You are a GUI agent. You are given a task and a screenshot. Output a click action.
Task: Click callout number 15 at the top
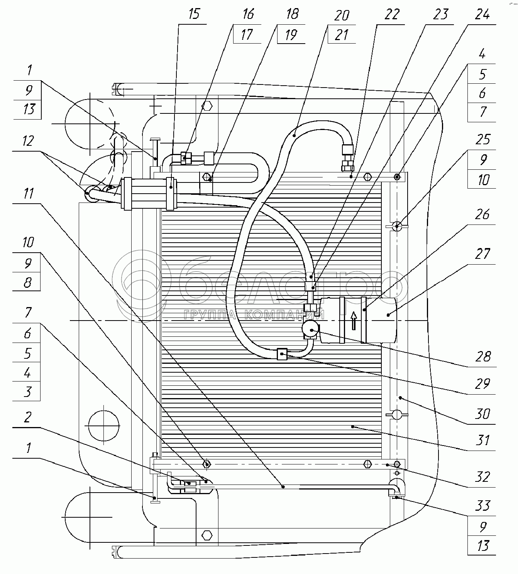[x=194, y=14]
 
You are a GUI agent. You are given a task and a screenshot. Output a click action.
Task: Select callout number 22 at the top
[x=392, y=14]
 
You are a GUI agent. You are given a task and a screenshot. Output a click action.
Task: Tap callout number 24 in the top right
[x=482, y=14]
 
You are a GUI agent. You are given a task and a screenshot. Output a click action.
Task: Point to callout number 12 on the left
[x=28, y=141]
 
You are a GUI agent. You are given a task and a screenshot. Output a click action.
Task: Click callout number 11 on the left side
[x=28, y=193]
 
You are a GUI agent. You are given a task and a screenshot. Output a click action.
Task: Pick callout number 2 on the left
[x=27, y=417]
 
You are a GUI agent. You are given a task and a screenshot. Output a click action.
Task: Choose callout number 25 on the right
[x=482, y=139]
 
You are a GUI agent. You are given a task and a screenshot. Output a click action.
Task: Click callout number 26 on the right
[x=482, y=214]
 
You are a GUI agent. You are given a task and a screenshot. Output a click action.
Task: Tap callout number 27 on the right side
[x=482, y=254]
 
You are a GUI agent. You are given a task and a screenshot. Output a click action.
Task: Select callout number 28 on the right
[x=483, y=356]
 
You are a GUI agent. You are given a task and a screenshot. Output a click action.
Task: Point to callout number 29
[x=482, y=384]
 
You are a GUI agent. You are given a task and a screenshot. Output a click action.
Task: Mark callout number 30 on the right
[x=482, y=414]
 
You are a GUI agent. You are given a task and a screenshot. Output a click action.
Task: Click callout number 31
[x=482, y=440]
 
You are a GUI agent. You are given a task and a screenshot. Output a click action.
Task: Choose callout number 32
[x=482, y=477]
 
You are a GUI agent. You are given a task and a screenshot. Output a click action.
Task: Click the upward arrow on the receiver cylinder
[x=354, y=321]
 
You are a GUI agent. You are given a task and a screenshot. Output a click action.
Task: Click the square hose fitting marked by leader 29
[x=282, y=354]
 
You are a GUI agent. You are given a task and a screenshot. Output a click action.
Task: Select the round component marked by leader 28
[x=310, y=329]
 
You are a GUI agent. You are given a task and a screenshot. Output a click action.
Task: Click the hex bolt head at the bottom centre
[x=207, y=535]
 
